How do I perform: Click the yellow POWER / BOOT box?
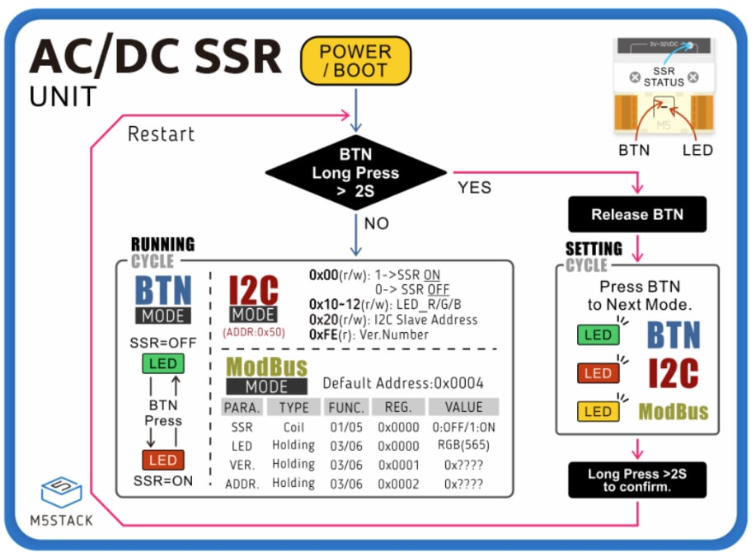355,61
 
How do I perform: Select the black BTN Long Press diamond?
355,173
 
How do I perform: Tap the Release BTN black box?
637,214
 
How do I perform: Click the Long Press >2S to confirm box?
637,480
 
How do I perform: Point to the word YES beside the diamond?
474,188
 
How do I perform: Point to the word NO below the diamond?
375,223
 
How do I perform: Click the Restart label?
161,133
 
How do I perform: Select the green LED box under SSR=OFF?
162,364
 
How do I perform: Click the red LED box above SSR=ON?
162,460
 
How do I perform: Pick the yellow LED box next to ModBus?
598,411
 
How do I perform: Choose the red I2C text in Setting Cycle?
674,372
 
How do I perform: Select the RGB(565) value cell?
463,445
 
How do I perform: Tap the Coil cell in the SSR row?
293,427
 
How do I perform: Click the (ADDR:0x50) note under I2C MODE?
253,333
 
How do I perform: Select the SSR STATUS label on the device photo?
664,77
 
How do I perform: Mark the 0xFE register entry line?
369,335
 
